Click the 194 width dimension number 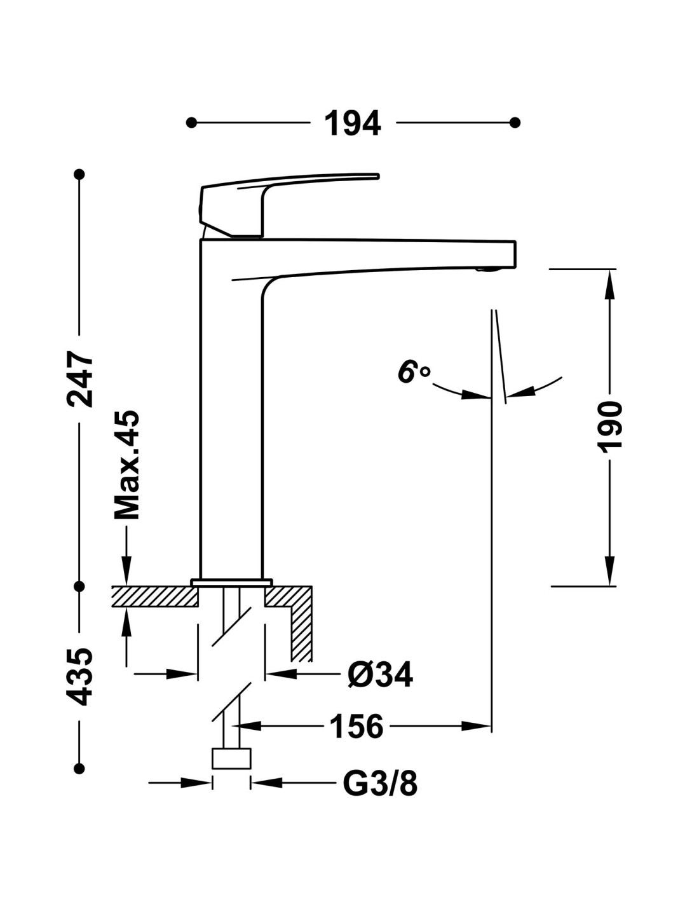353,123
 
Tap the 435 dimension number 81,676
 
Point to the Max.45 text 126,465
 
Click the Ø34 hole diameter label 380,675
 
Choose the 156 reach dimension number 356,726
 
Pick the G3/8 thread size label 380,783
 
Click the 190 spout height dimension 611,427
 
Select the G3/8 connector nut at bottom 231,759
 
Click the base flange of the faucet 231,581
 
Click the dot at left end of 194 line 191,122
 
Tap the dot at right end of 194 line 515,122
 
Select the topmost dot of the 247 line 79,174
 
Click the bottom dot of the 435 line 79,769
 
